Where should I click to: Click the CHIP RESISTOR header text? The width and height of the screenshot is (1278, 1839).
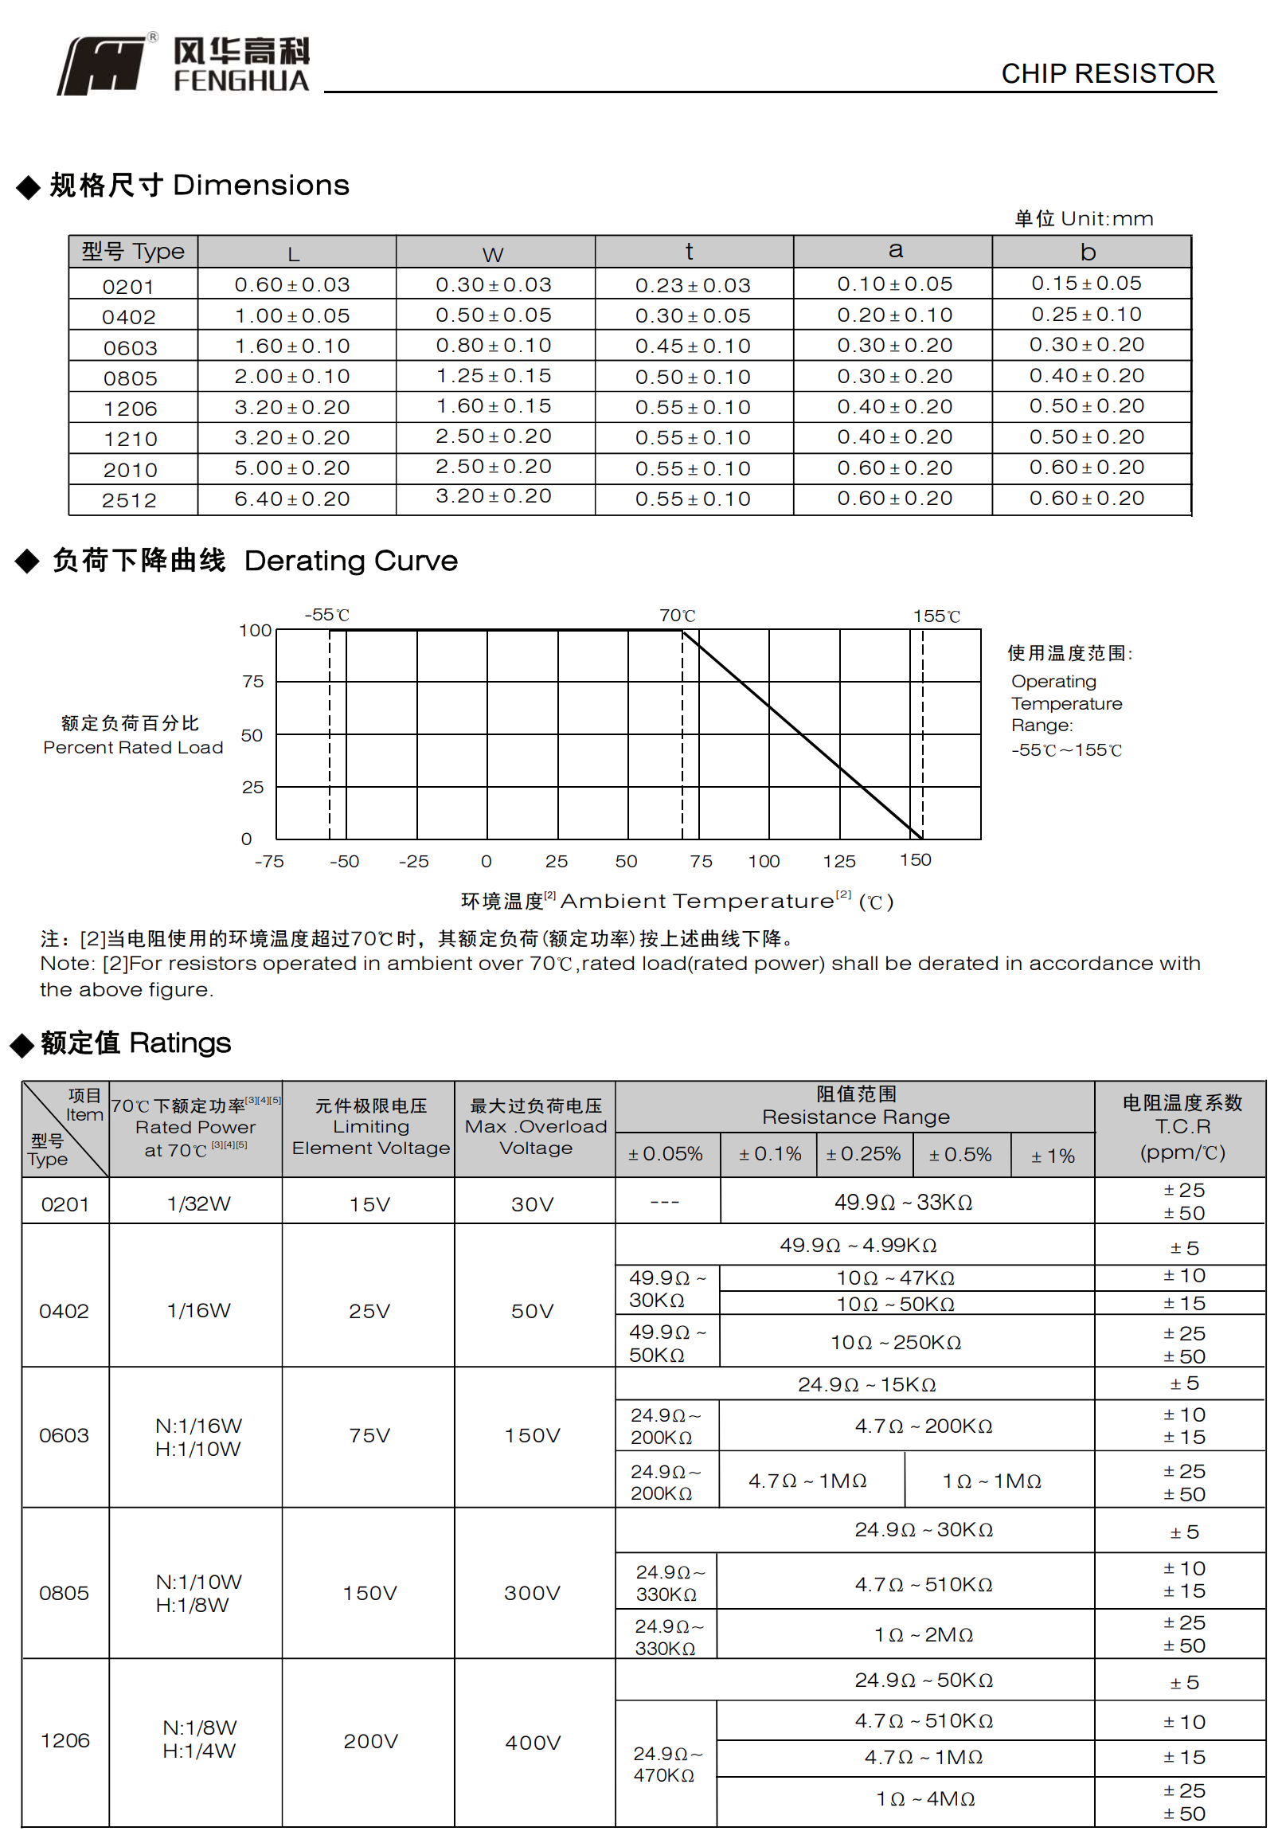(x=1108, y=74)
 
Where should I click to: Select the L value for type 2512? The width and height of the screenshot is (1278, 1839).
(x=292, y=499)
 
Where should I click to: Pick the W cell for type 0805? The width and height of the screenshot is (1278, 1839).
(x=493, y=376)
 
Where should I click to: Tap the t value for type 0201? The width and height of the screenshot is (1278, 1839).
(x=693, y=285)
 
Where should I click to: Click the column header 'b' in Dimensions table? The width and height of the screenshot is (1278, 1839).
(x=1088, y=252)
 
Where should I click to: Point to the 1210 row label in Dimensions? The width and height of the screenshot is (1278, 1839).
(x=131, y=439)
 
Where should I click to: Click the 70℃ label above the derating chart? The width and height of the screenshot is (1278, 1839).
(x=678, y=615)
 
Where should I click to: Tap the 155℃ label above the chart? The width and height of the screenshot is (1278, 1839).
(x=936, y=616)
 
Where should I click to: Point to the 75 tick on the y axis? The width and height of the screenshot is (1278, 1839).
(x=253, y=681)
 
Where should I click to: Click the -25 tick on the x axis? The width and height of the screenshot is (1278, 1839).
(x=414, y=862)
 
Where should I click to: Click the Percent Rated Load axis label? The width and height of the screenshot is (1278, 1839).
(x=133, y=747)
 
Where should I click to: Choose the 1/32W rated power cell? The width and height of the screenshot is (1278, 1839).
(x=198, y=1204)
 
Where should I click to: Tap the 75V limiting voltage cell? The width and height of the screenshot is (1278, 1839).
(x=369, y=1435)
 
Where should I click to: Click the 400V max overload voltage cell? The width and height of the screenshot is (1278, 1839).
(x=533, y=1742)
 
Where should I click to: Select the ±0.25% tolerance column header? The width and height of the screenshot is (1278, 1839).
(x=863, y=1154)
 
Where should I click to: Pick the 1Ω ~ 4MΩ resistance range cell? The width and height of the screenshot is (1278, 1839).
(x=925, y=1799)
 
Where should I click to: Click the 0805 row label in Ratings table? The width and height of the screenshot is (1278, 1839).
(x=64, y=1592)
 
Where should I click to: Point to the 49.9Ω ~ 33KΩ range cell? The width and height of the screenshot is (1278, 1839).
(x=903, y=1202)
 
